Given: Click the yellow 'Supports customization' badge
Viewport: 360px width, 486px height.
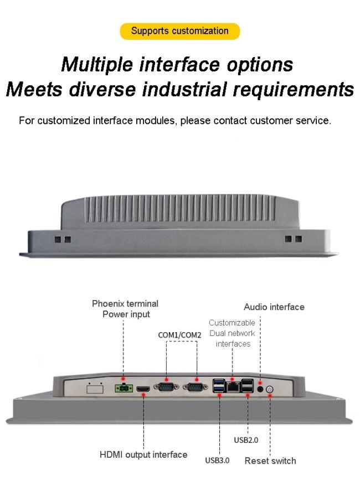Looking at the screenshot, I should coord(179,31).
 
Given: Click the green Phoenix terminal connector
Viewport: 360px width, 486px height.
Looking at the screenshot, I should coord(122,389).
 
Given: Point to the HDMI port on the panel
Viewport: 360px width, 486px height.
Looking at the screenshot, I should coord(143,389).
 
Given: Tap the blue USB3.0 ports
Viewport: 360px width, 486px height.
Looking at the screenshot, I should coord(219,387).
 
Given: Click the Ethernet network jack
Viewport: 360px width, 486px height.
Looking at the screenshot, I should coord(233,386).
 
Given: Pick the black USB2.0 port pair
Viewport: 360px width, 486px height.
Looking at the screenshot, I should coord(248,387).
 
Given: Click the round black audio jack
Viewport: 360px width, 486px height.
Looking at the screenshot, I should coord(260,389).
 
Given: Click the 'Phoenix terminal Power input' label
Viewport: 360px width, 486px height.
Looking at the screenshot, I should coord(125,309).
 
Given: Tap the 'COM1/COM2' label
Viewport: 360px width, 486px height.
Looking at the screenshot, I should coord(180,335).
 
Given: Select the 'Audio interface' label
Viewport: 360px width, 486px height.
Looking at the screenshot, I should coord(274,307).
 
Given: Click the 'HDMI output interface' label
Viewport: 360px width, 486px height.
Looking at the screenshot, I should coord(143,454).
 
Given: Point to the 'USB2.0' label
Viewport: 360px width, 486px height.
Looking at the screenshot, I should coord(246,440).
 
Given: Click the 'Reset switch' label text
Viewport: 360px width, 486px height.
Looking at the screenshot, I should coord(270,461).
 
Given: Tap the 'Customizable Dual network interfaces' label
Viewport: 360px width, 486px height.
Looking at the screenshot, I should coord(232,333).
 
